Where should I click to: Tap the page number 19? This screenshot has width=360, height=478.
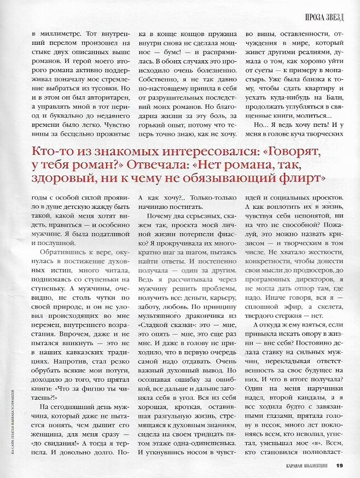pyautogui.click(x=339, y=465)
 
